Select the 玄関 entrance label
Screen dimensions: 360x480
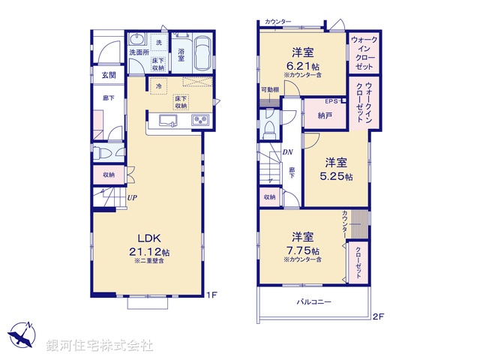[109, 76]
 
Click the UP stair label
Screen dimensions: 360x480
[131, 198]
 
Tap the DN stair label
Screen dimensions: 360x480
[287, 153]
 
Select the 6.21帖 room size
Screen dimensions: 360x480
[302, 65]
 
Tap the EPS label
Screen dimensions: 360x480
[331, 101]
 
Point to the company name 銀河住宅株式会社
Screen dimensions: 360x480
[100, 346]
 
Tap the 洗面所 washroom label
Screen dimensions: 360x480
[138, 53]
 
